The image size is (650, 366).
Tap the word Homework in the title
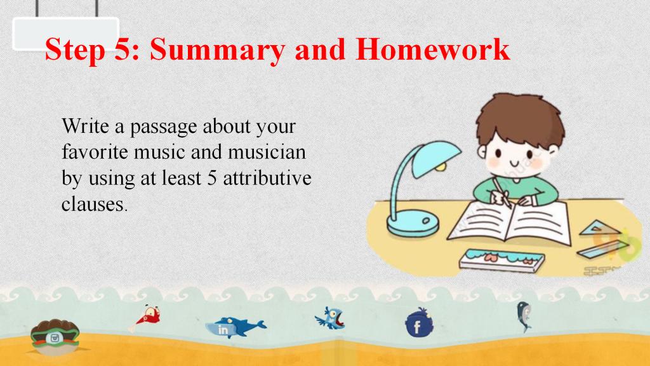point(432,49)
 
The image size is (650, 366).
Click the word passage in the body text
point(163,127)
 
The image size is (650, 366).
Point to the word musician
point(267,152)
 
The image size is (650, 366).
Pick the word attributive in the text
point(267,179)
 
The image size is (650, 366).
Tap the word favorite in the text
point(95,152)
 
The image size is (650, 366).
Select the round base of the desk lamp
point(413,223)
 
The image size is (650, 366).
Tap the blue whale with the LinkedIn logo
point(235,327)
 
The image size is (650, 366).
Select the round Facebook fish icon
point(419,323)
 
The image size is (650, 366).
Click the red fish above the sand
point(147,318)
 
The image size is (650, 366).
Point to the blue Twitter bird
point(330,318)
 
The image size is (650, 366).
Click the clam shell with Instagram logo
point(55,337)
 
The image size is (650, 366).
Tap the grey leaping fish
point(524,316)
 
